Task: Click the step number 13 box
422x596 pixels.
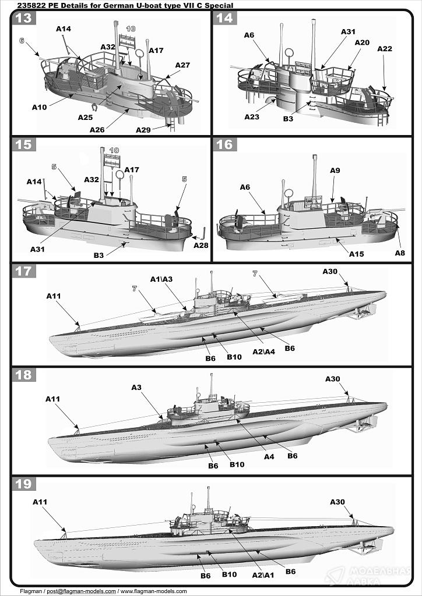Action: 23,17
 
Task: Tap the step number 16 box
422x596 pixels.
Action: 225,144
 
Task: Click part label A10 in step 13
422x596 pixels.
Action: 39,107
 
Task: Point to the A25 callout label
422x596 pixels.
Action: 85,118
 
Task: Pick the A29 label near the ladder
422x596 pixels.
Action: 143,130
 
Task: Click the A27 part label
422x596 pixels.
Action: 182,65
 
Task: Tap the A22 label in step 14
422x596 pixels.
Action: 384,49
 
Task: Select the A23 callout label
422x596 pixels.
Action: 251,116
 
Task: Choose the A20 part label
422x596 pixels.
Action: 362,42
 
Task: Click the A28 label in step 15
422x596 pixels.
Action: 201,245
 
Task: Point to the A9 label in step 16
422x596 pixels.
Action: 335,171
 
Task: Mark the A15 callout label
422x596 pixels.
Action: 356,254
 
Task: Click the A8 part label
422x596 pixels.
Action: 399,253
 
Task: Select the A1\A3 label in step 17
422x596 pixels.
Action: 161,279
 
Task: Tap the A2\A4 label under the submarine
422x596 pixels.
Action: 263,352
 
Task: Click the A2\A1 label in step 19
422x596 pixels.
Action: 262,575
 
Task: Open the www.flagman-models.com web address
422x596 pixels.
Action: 154,591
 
